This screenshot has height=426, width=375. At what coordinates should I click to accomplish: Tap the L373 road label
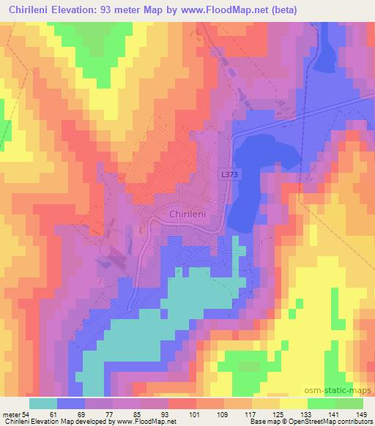pyautogui.click(x=229, y=175)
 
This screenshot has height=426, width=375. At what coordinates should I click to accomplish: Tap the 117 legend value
pyautogui.click(x=266, y=414)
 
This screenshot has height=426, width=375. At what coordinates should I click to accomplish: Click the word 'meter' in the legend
pyautogui.click(x=10, y=414)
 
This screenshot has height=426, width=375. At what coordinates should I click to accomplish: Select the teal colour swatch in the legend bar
pyautogui.click(x=44, y=403)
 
